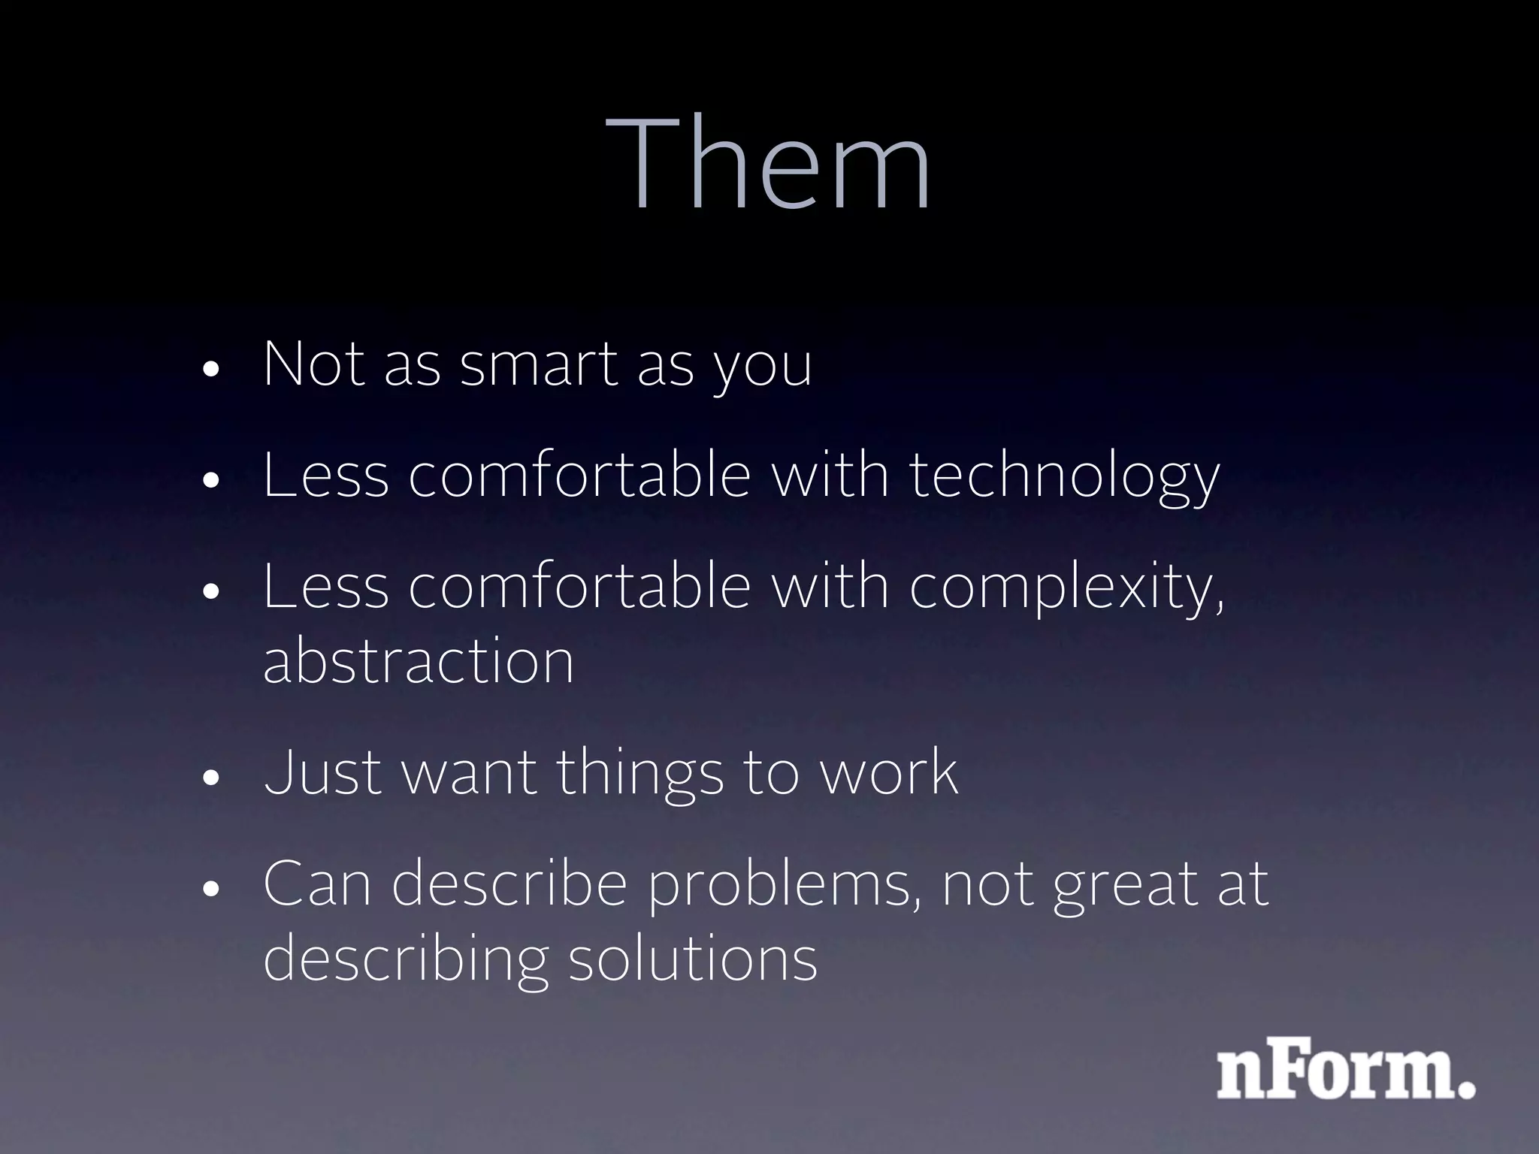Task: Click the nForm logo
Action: [x=1345, y=1074]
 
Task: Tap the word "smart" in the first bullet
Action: [x=539, y=365]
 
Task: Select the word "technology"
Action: [x=1064, y=476]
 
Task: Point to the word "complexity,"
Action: [x=1066, y=588]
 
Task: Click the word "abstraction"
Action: [x=419, y=661]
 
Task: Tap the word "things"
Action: [x=639, y=774]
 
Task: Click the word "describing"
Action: [x=406, y=960]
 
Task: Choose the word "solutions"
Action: [x=692, y=959]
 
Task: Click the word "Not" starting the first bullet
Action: [x=314, y=365]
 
